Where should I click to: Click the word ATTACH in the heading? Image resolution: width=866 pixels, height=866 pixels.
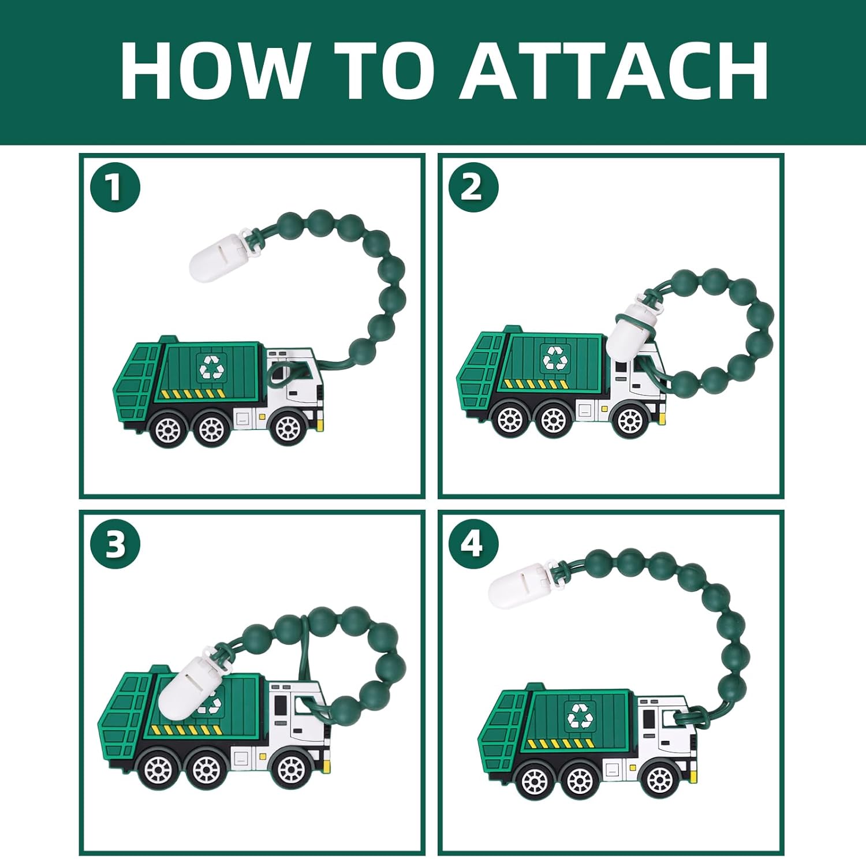pyautogui.click(x=614, y=71)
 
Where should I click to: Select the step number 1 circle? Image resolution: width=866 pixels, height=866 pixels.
pyautogui.click(x=115, y=187)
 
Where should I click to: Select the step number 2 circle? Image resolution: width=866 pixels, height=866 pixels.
pyautogui.click(x=473, y=187)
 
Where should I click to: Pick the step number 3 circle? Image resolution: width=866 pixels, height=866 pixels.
pyautogui.click(x=115, y=544)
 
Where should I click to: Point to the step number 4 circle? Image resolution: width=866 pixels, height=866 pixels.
pyautogui.click(x=473, y=544)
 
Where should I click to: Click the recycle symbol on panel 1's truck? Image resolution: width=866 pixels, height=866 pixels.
pyautogui.click(x=211, y=366)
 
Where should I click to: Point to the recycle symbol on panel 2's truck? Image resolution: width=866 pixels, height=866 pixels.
pyautogui.click(x=555, y=358)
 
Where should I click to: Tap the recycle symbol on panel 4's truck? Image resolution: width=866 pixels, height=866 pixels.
pyautogui.click(x=580, y=716)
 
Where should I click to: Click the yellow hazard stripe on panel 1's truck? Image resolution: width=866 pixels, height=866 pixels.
pyautogui.click(x=194, y=394)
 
